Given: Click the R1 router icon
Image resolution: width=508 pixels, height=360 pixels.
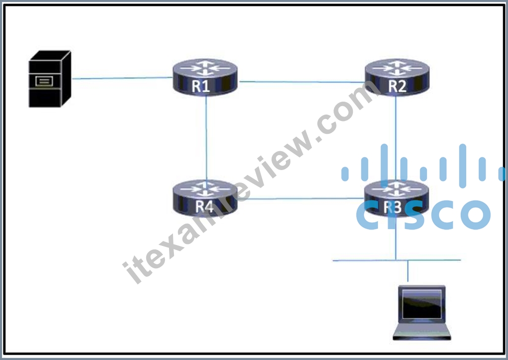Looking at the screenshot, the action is tap(205, 77).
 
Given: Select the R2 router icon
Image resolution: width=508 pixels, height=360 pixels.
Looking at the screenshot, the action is tap(397, 77).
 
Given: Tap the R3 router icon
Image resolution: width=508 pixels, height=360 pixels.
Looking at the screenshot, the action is tap(396, 198).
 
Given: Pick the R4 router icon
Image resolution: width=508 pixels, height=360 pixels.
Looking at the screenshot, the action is tap(205, 198).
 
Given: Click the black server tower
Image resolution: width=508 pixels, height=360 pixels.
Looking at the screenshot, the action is tap(50, 79).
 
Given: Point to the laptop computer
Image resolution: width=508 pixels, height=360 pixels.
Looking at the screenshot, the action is tap(422, 312).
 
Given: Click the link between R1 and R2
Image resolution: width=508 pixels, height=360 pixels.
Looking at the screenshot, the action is tap(301, 82).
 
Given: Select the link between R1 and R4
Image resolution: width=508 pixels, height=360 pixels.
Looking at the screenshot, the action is tap(206, 138).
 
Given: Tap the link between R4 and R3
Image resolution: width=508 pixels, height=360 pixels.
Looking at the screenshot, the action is tap(301, 199).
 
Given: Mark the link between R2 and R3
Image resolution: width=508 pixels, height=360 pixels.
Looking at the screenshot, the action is tap(395, 138).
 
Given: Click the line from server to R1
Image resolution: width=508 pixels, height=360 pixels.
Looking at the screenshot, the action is tap(122, 78).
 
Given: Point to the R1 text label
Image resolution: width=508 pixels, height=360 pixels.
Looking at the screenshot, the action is tap(201, 86).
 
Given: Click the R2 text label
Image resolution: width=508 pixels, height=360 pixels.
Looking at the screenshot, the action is tap(397, 86).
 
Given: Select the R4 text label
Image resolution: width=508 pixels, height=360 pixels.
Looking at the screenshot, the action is tap(204, 207).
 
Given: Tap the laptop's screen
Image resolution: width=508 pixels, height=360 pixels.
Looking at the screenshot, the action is tap(422, 304).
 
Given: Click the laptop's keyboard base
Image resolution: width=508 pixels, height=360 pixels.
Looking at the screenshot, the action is tap(422, 332).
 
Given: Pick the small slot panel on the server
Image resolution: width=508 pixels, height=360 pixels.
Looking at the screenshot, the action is tap(44, 81).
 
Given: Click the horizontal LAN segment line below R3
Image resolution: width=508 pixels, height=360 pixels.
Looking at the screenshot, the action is tap(397, 260).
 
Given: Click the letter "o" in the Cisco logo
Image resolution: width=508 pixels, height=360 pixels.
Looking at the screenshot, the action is tap(476, 215).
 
